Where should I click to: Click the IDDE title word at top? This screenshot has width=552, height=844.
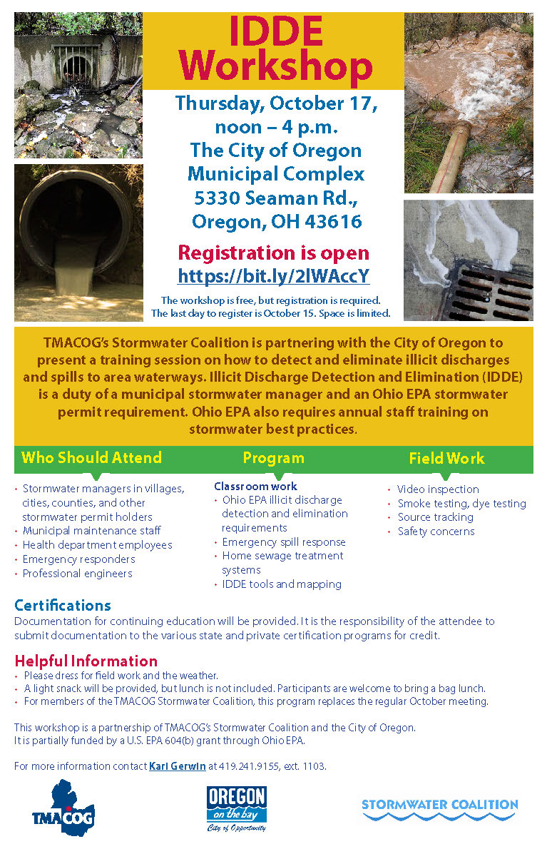[x=275, y=31]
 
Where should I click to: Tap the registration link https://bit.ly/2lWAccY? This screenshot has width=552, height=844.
[x=274, y=276]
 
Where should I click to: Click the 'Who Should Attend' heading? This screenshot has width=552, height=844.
[x=92, y=458]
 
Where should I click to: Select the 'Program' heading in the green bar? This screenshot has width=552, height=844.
[x=273, y=458]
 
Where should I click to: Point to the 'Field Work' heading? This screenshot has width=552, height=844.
[x=446, y=458]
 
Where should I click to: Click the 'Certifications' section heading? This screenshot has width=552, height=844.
[x=63, y=605]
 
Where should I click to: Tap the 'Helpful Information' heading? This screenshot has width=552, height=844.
[x=86, y=660]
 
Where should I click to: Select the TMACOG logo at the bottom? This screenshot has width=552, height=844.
[x=63, y=808]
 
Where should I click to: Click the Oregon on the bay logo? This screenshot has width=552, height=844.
[x=237, y=808]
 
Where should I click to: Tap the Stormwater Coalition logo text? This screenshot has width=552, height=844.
[x=439, y=805]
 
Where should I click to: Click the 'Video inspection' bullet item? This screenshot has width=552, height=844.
[x=438, y=489]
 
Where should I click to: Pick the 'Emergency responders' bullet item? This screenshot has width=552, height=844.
[x=78, y=559]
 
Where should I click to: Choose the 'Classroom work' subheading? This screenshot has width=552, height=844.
[x=255, y=487]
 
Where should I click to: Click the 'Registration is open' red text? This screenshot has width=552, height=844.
[x=274, y=253]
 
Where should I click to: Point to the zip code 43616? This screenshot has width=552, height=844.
[x=336, y=222]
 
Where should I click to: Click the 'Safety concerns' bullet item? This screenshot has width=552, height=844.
[x=436, y=532]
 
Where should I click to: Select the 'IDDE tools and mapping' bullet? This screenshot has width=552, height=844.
[x=282, y=584]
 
